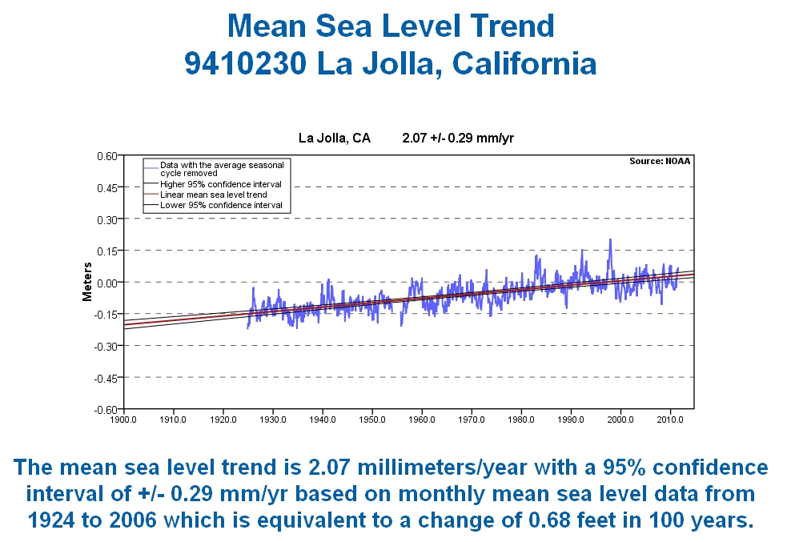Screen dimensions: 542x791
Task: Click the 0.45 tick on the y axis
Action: (x=106, y=187)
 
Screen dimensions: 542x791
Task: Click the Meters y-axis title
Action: (x=87, y=283)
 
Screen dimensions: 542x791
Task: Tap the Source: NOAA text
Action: (x=659, y=161)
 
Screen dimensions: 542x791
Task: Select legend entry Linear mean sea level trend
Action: (x=213, y=195)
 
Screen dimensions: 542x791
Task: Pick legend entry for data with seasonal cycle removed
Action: (x=221, y=168)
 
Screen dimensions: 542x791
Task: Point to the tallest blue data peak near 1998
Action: (x=610, y=239)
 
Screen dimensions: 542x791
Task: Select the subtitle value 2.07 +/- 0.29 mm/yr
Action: (x=457, y=138)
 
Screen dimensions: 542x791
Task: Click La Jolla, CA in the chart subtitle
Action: (x=334, y=138)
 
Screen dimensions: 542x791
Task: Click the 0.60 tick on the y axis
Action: (x=106, y=155)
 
